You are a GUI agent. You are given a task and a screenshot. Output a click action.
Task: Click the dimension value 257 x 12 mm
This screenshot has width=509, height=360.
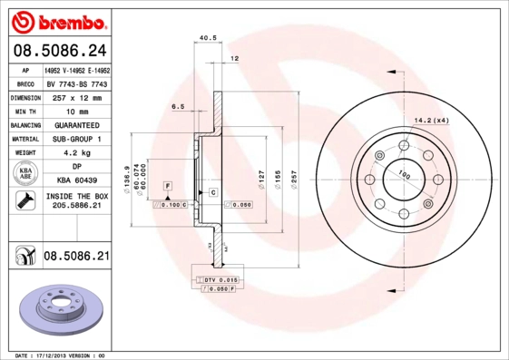tap(76, 96)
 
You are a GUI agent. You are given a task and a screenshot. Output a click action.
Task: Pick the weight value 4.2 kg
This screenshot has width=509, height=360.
tap(76, 153)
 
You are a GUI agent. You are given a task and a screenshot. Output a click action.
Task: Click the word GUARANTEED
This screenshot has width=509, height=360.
tap(76, 124)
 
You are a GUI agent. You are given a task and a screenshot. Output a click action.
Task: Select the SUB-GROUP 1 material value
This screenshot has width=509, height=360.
tap(76, 139)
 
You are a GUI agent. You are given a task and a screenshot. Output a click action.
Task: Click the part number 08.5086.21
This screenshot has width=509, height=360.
tap(76, 258)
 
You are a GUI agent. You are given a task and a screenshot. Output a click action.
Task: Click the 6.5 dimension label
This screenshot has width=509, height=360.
tap(178, 107)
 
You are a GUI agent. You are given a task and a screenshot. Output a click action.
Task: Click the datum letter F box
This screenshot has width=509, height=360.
tap(167, 185)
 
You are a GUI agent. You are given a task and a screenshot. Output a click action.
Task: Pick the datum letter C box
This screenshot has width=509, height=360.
tap(212, 192)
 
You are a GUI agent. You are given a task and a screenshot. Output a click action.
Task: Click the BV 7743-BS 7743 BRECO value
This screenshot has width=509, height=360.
tap(76, 82)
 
